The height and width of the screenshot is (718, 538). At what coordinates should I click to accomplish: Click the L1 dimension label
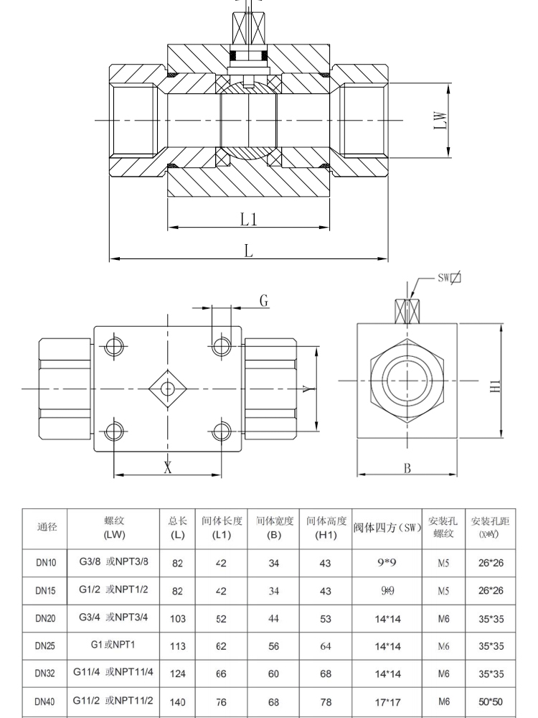coord(248,220)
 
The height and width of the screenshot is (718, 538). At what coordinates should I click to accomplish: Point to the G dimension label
coord(264,302)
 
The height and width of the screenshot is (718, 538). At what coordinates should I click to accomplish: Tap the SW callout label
coord(449,278)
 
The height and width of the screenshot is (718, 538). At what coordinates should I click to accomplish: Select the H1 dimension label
coord(496,386)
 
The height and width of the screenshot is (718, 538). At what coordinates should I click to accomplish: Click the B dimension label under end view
coord(407,467)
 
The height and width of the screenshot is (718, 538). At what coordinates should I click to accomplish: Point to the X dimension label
coord(168,467)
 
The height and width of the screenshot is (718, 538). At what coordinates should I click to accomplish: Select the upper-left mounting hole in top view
coord(114,347)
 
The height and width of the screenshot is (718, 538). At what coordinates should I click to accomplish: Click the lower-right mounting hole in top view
coord(221,431)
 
